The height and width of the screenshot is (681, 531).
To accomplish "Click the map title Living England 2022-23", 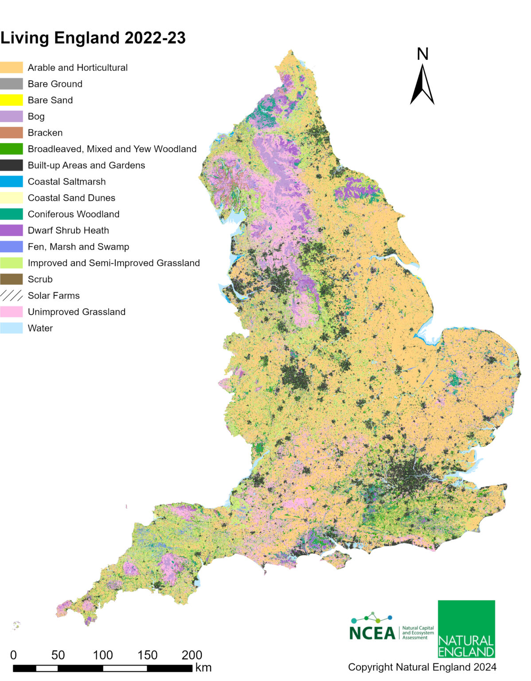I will (93, 38).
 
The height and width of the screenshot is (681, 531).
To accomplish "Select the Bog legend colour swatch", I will (12, 117).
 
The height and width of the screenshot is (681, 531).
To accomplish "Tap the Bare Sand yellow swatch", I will (12, 100).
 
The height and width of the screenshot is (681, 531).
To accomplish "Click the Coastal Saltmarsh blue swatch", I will (12, 182).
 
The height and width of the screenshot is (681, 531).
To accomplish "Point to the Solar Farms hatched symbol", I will (12, 296).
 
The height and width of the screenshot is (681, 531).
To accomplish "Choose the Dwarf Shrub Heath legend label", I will (68, 231).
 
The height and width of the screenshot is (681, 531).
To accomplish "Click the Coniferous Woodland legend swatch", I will (12, 214).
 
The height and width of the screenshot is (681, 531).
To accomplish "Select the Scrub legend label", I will (40, 279).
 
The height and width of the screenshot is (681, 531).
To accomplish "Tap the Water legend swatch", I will (12, 329).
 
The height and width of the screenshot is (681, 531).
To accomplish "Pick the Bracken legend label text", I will (45, 133).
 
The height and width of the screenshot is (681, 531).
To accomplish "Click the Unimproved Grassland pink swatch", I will (12, 312).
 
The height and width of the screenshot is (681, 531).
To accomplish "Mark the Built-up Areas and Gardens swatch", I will (12, 165).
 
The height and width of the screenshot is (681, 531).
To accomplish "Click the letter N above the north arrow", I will (422, 54).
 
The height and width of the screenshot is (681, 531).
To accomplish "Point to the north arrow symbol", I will (422, 85).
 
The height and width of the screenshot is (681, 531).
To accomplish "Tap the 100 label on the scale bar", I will (103, 655).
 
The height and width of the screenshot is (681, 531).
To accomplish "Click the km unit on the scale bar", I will (203, 667).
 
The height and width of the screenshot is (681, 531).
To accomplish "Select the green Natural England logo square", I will (466, 629).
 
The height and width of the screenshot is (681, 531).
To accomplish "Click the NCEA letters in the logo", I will (372, 633).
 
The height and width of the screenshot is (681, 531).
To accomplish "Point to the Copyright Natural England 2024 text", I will (422, 667).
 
